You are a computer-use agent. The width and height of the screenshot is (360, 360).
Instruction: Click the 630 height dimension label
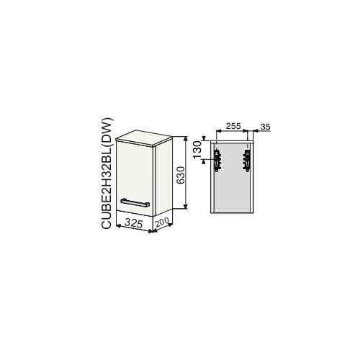[181, 175]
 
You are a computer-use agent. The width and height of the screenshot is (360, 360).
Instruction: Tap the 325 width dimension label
[134, 223]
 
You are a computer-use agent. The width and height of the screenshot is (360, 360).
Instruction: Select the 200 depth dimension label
[163, 222]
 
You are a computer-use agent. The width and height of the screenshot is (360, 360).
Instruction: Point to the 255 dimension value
[233, 126]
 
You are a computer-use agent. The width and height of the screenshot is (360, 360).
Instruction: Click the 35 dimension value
[265, 127]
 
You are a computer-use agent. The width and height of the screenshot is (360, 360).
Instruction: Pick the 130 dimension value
[197, 150]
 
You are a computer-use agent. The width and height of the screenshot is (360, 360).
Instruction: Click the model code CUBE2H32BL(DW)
[107, 173]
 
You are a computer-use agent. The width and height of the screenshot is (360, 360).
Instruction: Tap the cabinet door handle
[135, 203]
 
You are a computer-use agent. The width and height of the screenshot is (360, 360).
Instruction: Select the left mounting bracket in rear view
[217, 160]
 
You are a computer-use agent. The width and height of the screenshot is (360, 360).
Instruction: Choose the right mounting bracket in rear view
[247, 160]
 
